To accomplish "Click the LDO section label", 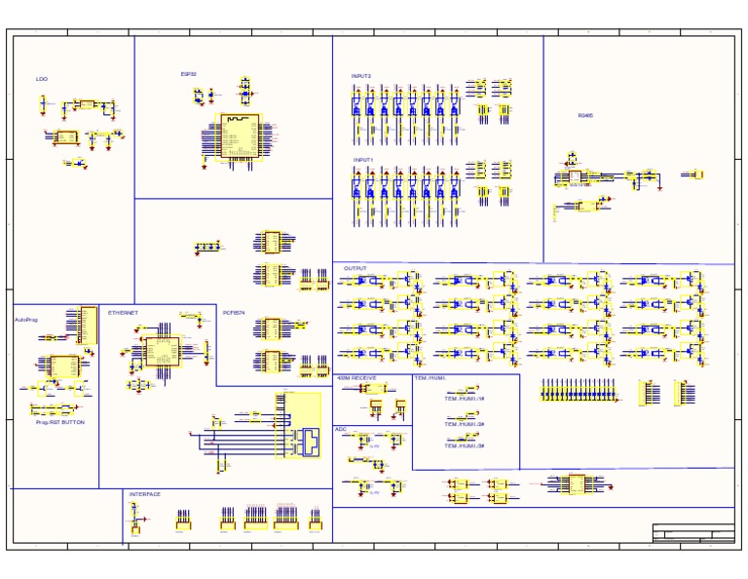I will [42, 79].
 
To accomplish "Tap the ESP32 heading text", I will [188, 73].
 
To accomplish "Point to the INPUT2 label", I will [361, 76].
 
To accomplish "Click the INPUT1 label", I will [362, 159].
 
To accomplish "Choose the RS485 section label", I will [585, 115].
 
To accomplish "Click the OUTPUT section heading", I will [355, 268].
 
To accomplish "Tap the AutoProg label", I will [25, 319].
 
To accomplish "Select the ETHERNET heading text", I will [123, 313].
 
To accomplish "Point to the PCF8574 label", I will [234, 313].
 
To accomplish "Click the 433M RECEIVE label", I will [356, 377].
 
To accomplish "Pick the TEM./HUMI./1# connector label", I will [465, 400].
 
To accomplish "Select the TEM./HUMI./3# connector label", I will [465, 445].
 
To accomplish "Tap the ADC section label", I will [341, 429].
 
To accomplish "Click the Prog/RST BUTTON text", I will [60, 422].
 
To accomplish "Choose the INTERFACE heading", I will [145, 494].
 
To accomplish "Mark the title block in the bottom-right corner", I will [692, 532].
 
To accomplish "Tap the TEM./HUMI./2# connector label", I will [465, 424].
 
